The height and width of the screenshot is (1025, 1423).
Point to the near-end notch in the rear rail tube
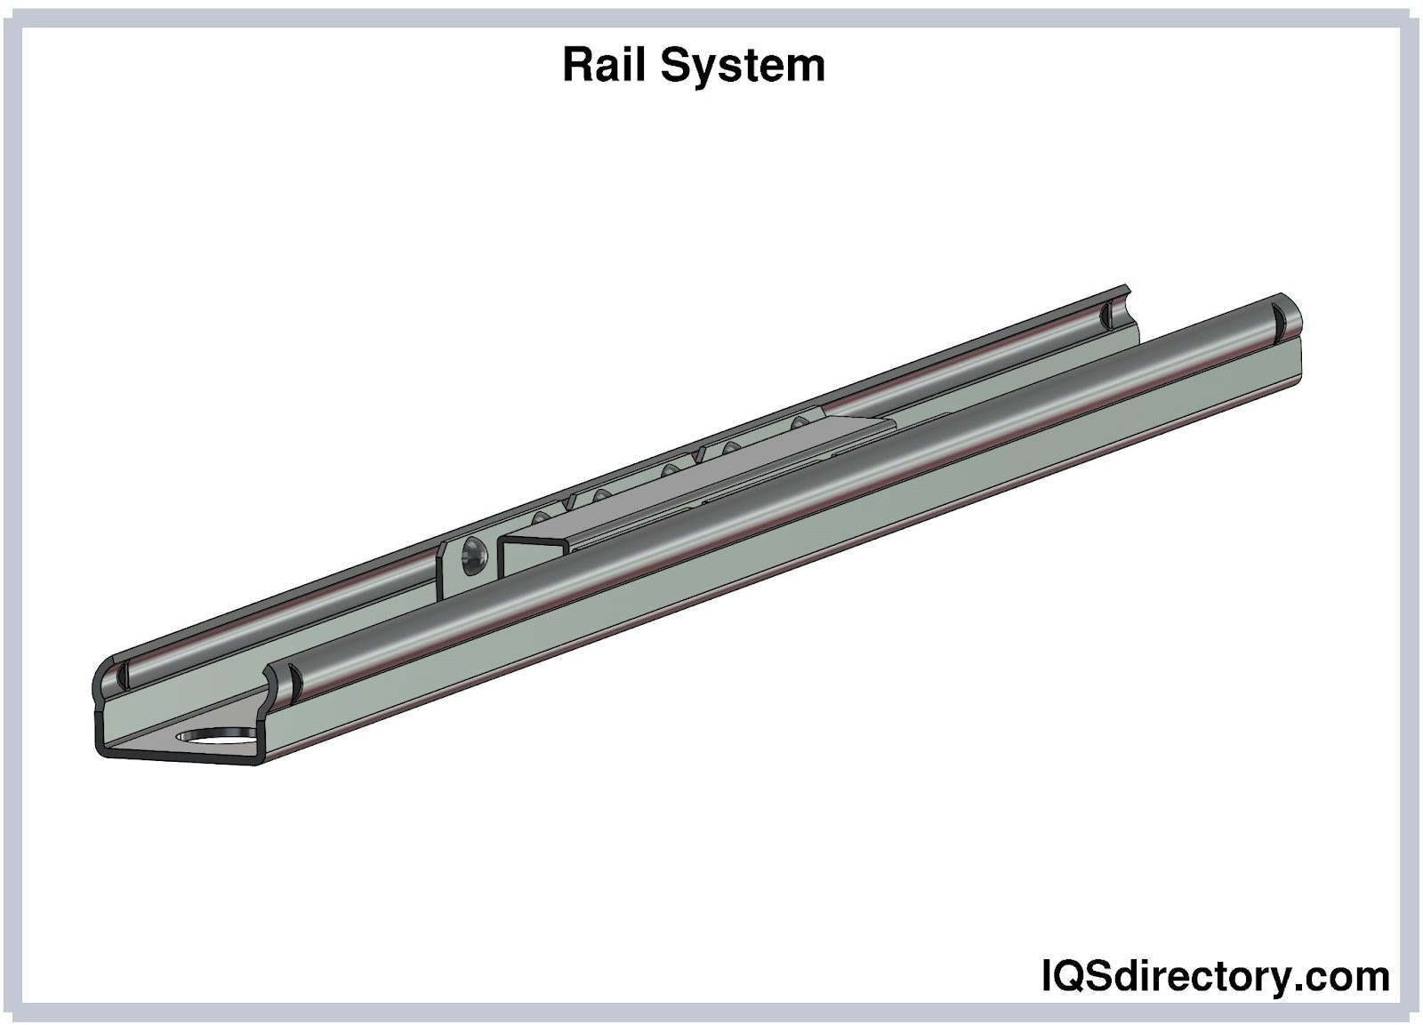click(x=122, y=675)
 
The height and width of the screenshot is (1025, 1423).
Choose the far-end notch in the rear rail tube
click(x=1106, y=314)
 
